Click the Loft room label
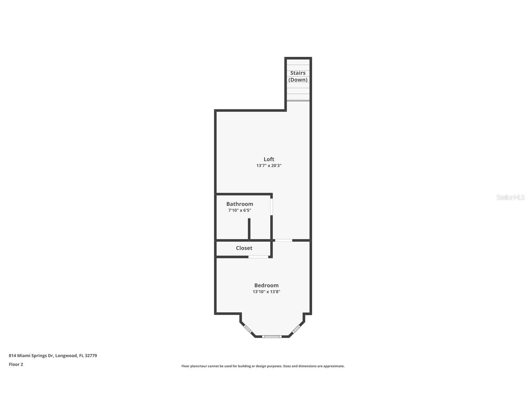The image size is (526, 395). (269, 159)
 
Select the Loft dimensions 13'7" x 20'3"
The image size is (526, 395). (269, 166)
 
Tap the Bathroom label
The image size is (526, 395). (240, 204)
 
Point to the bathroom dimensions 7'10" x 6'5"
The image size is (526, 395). (240, 210)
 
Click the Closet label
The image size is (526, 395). (244, 248)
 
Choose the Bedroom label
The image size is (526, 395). (266, 285)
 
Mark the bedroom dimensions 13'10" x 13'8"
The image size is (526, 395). (266, 292)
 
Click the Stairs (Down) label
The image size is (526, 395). (298, 76)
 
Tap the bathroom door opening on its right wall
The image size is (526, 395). (272, 207)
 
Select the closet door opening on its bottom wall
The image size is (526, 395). (258, 257)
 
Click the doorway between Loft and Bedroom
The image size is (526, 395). (284, 240)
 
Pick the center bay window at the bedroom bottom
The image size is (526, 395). (272, 336)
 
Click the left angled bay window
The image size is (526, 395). (248, 329)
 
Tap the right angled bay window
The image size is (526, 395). (296, 329)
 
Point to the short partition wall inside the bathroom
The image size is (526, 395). (249, 229)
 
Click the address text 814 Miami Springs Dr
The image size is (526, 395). (53, 356)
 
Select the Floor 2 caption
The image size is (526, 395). (16, 364)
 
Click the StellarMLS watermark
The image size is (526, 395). (510, 197)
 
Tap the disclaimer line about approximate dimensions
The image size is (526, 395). (263, 366)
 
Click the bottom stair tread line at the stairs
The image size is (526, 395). (298, 100)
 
